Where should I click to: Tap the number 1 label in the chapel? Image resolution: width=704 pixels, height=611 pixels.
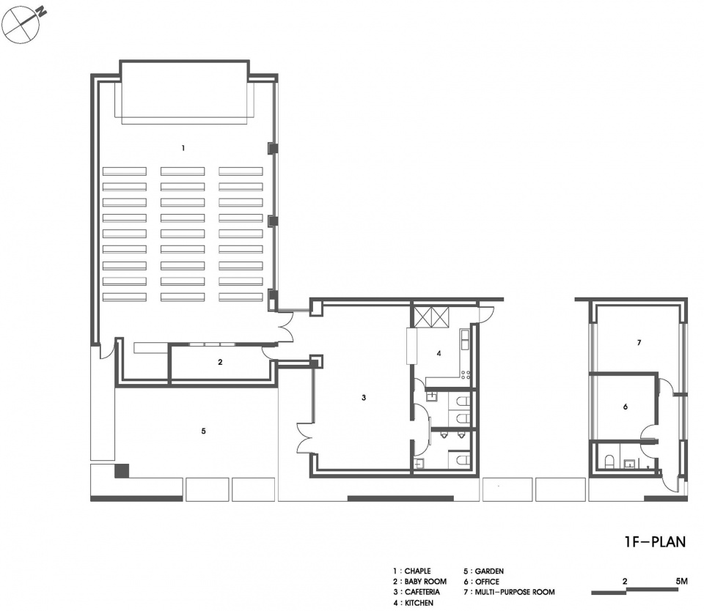tap(183, 148)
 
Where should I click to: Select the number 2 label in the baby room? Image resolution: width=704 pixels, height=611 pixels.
tap(220, 362)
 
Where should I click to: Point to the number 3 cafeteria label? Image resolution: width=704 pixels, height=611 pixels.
tap(364, 398)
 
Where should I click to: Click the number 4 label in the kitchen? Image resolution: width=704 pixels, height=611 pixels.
tap(439, 354)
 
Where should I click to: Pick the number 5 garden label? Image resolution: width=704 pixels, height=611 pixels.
tap(203, 431)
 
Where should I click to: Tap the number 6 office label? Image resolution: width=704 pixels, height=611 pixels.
tap(626, 407)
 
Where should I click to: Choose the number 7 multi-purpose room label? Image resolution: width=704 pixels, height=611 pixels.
tap(639, 343)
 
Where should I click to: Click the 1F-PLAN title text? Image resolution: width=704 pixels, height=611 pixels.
tap(655, 541)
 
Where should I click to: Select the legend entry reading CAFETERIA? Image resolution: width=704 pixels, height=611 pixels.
tap(422, 592)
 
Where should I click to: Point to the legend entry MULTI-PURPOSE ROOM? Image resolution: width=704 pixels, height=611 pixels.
tap(515, 592)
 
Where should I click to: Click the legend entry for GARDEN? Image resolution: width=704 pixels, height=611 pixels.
tap(489, 571)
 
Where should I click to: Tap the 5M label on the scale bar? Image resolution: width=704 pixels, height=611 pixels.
tap(681, 582)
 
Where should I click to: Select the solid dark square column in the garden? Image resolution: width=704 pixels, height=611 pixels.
tap(122, 470)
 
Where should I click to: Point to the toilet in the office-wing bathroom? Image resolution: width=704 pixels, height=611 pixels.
tap(609, 462)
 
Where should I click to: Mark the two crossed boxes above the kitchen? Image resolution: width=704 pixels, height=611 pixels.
tap(431, 317)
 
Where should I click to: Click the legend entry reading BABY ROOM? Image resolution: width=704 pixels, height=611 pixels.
tap(425, 582)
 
